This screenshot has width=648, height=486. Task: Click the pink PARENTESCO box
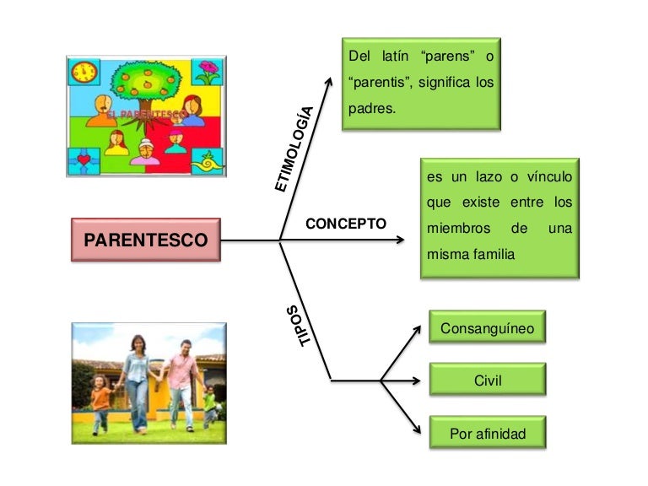145,240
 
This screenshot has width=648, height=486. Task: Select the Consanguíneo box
487,327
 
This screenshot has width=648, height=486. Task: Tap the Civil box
487,380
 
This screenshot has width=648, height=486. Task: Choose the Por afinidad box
487,434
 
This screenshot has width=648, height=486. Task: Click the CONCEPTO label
345,224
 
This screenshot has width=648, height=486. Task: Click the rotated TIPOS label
300,325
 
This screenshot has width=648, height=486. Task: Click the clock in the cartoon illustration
84,72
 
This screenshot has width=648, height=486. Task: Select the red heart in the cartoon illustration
83,159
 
